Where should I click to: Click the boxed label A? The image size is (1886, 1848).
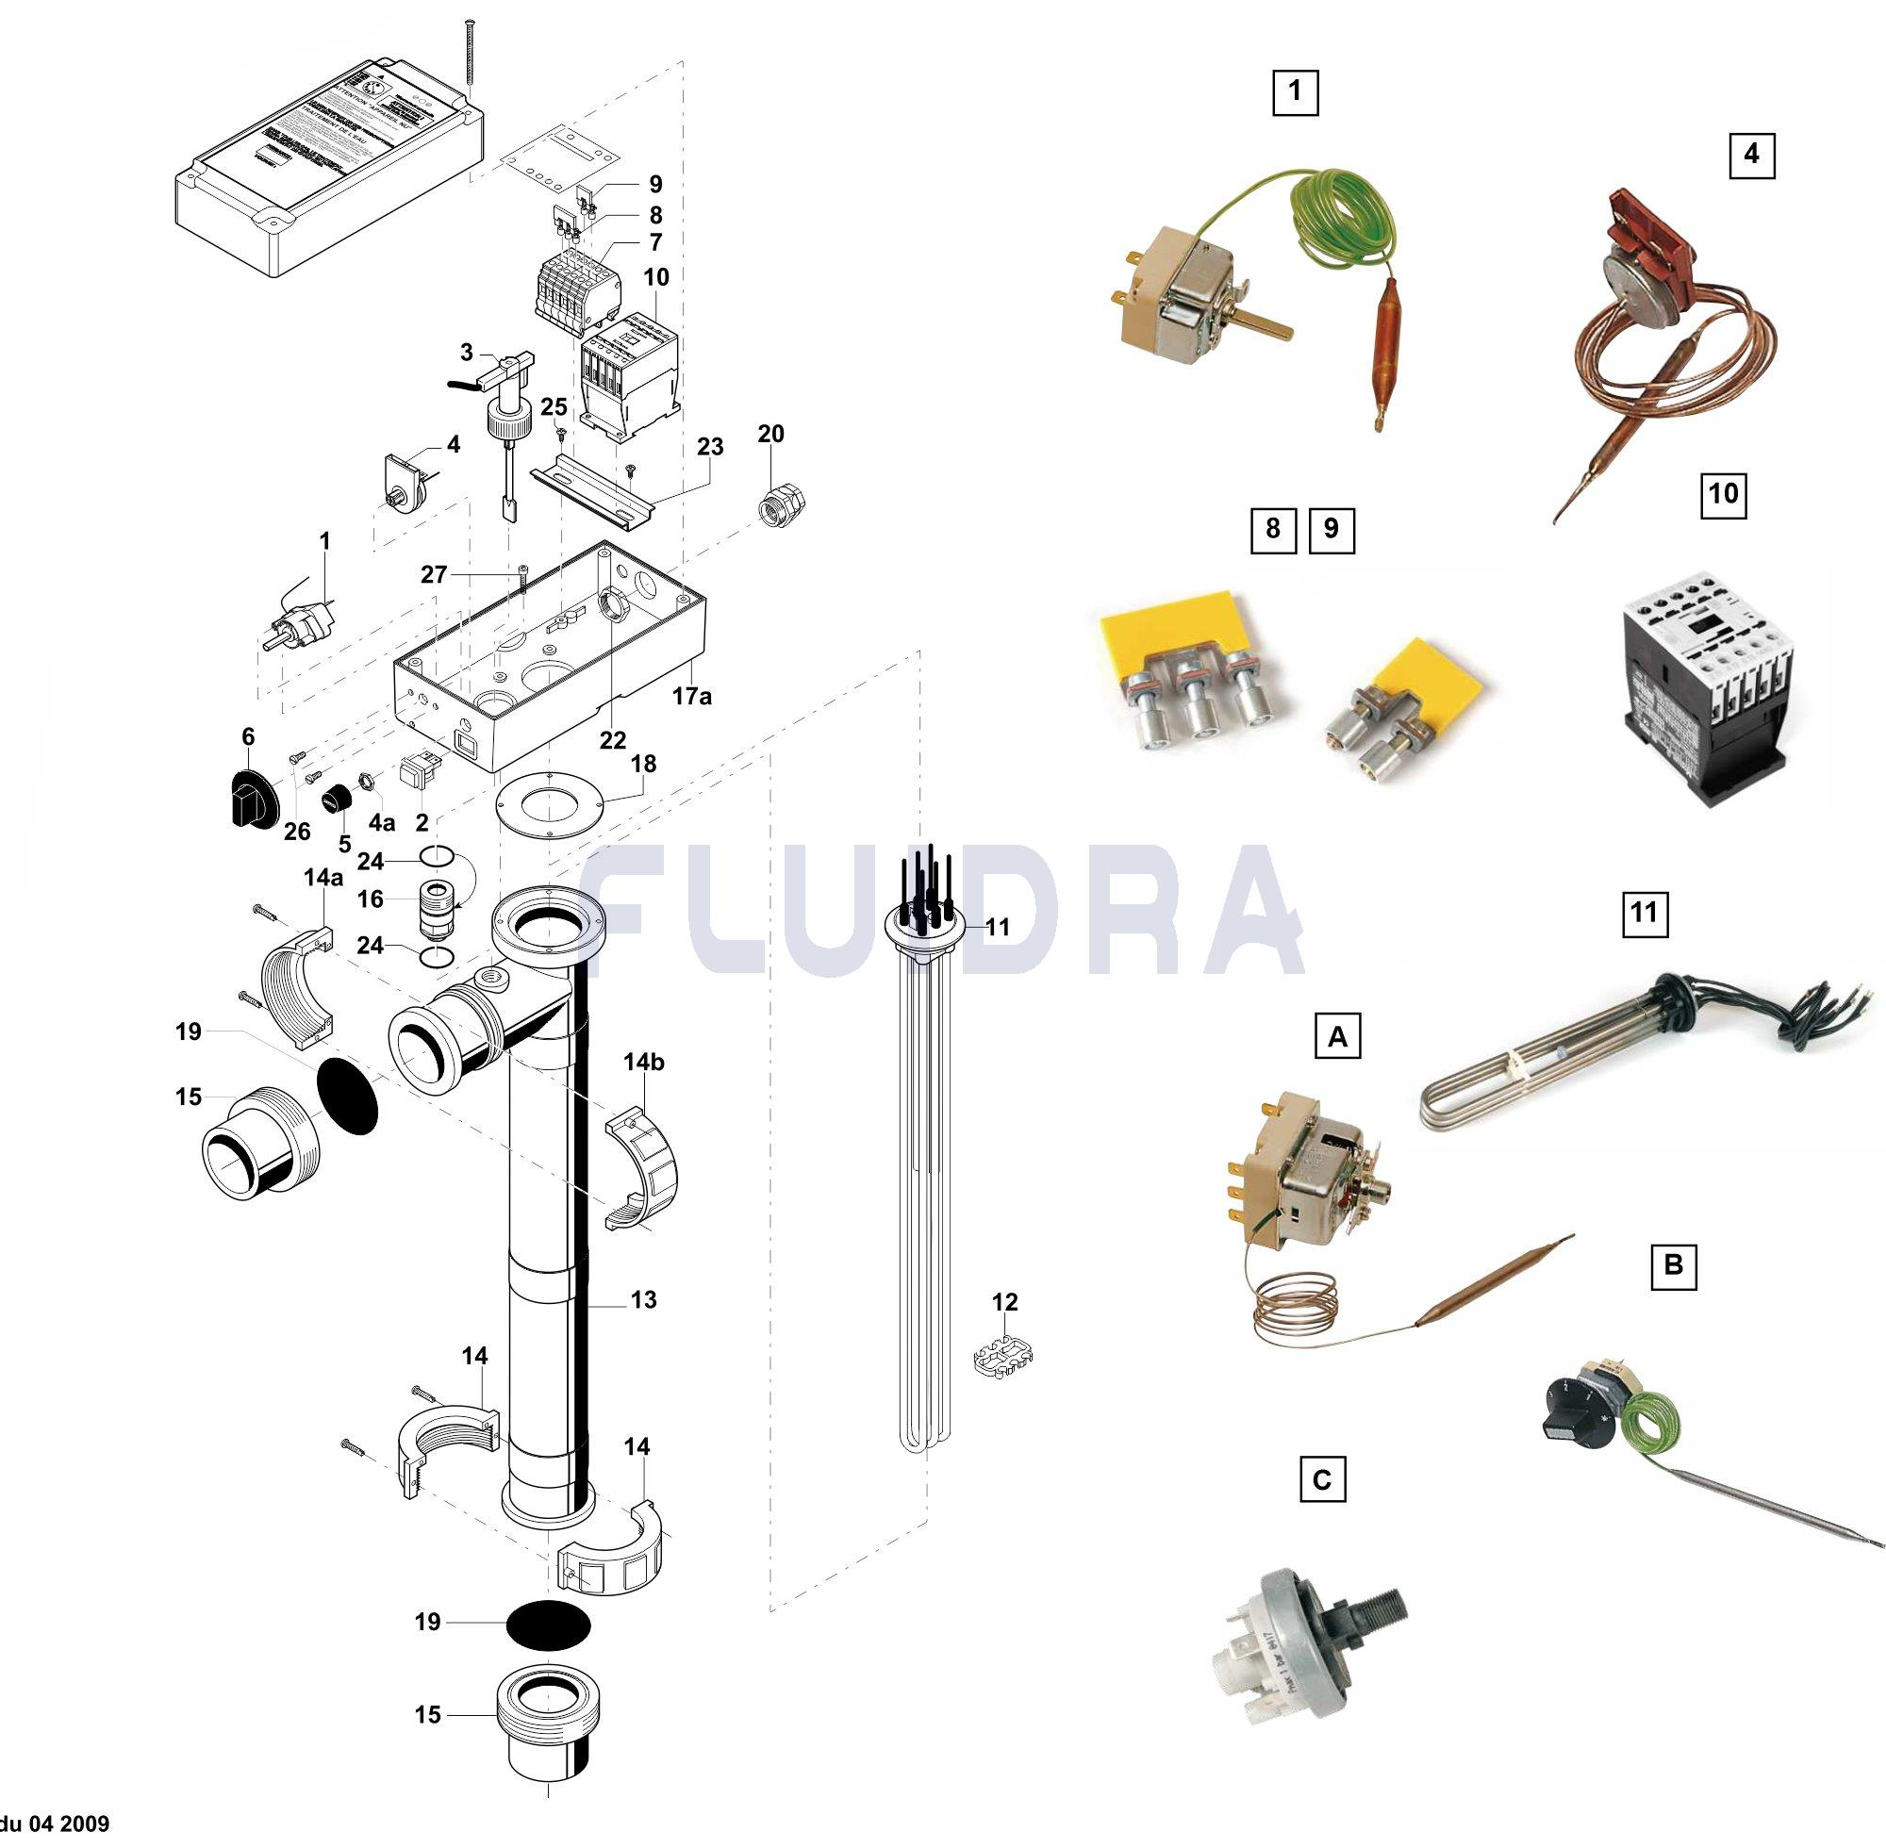tap(1336, 1036)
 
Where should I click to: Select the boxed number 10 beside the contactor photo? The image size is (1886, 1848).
tap(1723, 494)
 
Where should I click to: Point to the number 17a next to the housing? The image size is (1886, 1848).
tap(691, 696)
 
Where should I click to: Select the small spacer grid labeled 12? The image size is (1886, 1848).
tap(1001, 1356)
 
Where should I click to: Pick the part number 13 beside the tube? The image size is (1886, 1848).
tap(642, 1299)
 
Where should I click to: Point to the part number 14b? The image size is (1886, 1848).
tap(643, 1062)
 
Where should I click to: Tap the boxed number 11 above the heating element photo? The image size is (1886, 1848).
tap(1645, 914)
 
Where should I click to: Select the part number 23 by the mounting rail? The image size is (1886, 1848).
tap(709, 447)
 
